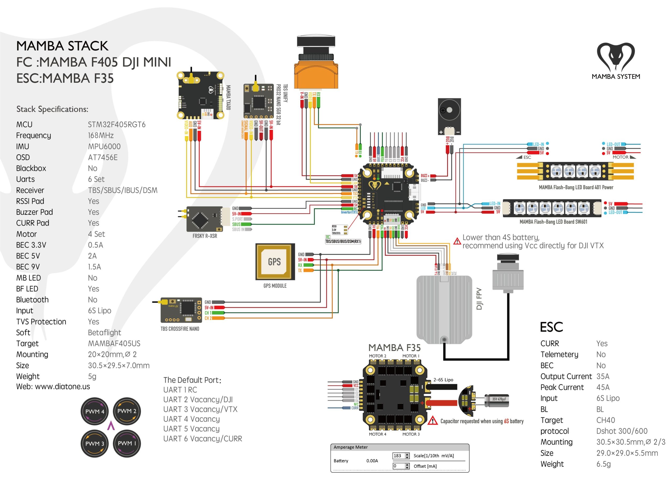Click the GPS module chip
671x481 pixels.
click(275, 262)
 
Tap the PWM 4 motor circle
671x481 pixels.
click(95, 412)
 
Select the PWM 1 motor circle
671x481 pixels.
click(127, 443)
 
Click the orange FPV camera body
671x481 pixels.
click(316, 74)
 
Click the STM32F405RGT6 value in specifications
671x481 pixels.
click(117, 125)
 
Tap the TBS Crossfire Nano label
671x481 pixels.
click(180, 329)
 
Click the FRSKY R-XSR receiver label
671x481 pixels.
click(205, 236)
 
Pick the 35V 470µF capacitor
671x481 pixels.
click(497, 399)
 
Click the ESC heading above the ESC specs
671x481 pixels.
click(551, 327)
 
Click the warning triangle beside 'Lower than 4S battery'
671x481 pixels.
click(457, 241)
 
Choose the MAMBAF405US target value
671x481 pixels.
click(114, 343)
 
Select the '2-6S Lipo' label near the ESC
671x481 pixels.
click(443, 380)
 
